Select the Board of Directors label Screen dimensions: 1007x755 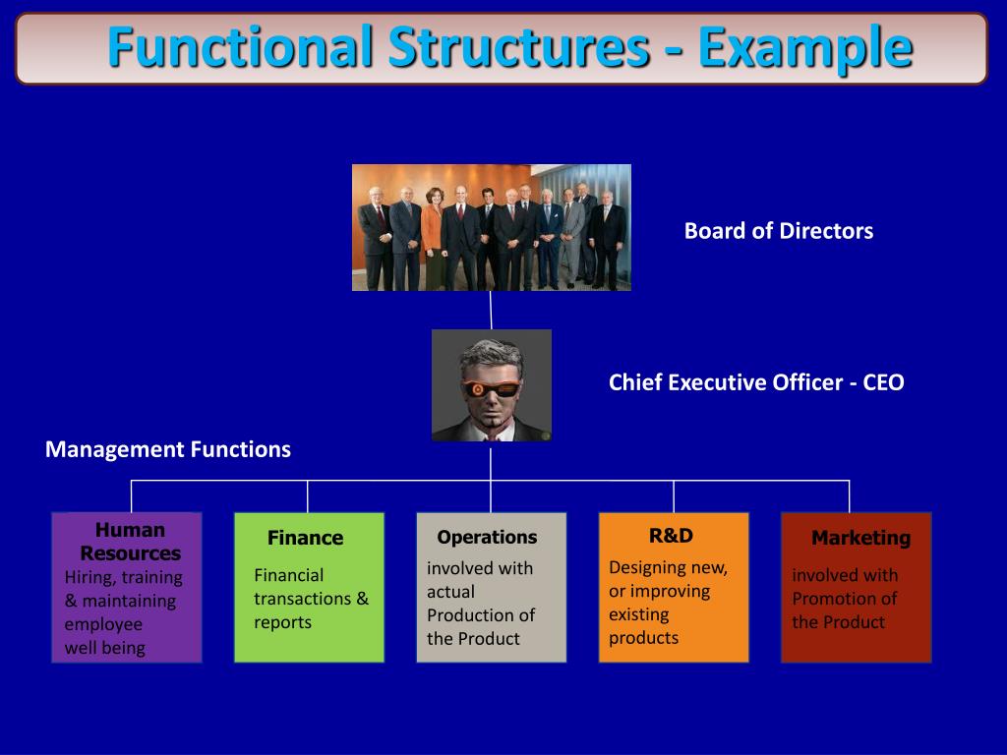(x=778, y=231)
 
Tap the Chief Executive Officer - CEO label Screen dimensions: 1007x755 (x=755, y=382)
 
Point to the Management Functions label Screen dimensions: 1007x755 (x=168, y=449)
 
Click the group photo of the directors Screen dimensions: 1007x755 (x=491, y=227)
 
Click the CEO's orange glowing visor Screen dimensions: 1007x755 (x=490, y=387)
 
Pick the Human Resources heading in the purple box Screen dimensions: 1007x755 (x=130, y=542)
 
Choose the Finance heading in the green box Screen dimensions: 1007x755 (x=305, y=538)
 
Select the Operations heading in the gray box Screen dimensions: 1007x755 (x=487, y=537)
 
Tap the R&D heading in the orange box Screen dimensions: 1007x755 (x=671, y=536)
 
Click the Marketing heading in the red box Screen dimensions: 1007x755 (x=860, y=538)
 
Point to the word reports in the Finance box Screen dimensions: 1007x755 (x=282, y=622)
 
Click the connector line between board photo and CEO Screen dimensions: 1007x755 (x=491, y=310)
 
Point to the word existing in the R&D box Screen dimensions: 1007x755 (x=638, y=614)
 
